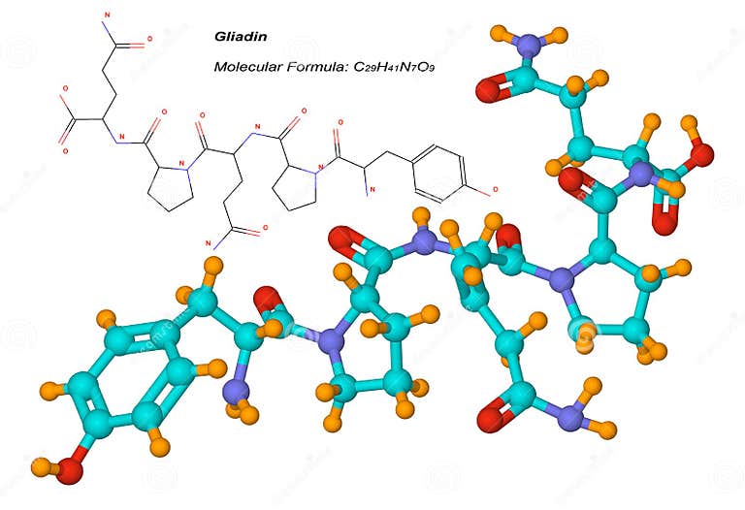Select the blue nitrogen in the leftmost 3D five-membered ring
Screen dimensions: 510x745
click(x=332, y=340)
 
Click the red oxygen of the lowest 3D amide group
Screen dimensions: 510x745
click(x=491, y=423)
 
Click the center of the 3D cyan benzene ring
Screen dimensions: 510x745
click(x=133, y=380)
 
